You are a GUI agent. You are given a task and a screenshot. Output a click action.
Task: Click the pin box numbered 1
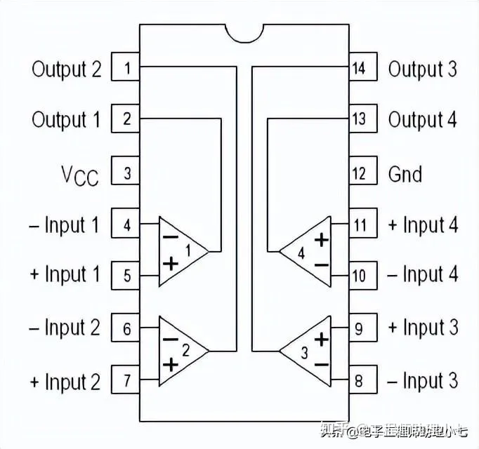(x=126, y=68)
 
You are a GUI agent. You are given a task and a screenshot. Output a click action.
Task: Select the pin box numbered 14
(x=358, y=68)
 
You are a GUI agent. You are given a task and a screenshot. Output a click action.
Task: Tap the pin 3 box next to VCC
(x=126, y=173)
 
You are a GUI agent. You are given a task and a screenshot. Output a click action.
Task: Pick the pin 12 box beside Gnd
(x=358, y=173)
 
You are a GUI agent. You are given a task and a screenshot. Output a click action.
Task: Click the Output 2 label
(x=67, y=69)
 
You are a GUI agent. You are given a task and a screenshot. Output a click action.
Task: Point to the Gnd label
(x=405, y=173)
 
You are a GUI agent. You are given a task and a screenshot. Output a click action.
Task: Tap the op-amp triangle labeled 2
(x=180, y=350)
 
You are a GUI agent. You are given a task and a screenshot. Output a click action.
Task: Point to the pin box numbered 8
(x=358, y=382)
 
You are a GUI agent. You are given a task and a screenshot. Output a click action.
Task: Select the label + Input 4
(x=423, y=225)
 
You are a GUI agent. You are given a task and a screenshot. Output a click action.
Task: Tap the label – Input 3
(x=423, y=382)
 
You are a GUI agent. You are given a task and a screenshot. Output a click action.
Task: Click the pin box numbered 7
(x=126, y=382)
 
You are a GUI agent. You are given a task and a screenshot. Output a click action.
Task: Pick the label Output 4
(x=422, y=119)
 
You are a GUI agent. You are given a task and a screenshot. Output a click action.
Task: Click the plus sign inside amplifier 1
(x=170, y=264)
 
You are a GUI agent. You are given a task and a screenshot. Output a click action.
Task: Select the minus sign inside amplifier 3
(x=321, y=364)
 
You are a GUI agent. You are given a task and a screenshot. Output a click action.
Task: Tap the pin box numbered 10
(x=358, y=275)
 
